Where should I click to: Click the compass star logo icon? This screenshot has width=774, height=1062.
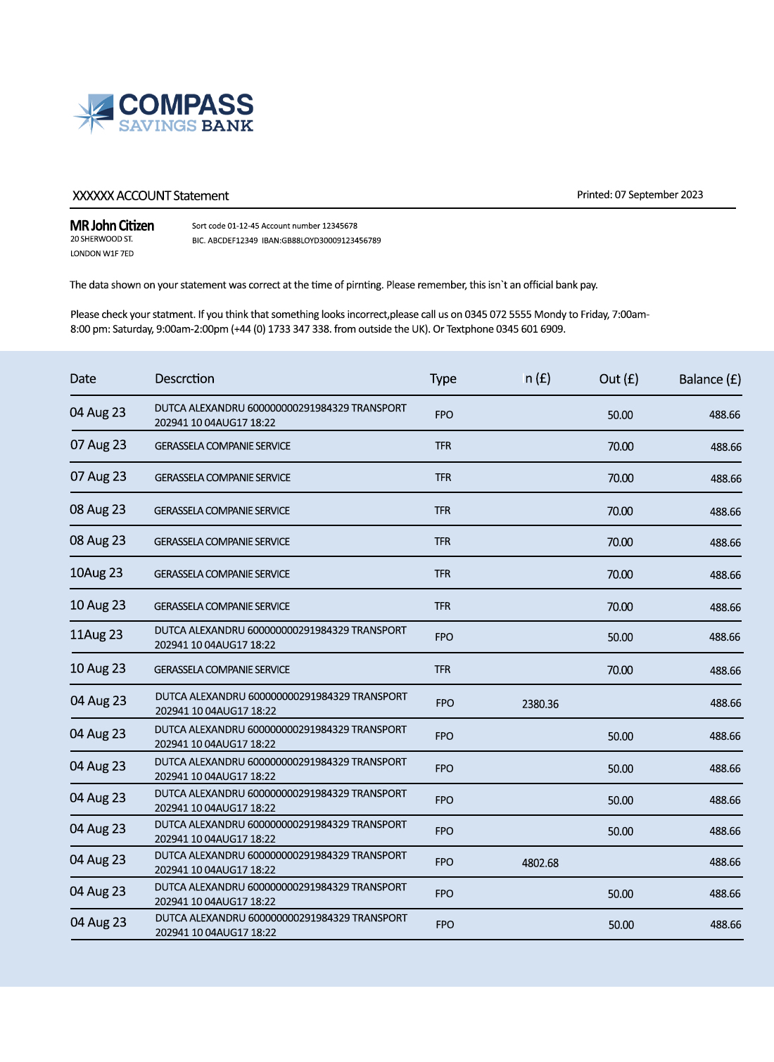[x=94, y=113]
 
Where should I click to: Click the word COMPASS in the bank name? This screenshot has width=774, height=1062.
[x=186, y=105]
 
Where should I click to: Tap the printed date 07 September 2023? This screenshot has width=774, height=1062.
[x=659, y=195]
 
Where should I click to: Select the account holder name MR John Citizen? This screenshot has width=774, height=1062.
[x=112, y=226]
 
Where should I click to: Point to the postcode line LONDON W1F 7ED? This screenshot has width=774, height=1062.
[x=102, y=254]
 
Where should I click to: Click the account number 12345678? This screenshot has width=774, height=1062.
[x=340, y=226]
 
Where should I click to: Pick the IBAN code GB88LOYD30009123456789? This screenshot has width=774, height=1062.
[x=331, y=241]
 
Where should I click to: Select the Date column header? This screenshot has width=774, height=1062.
[x=83, y=378]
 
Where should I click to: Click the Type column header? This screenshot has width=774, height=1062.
[x=443, y=378]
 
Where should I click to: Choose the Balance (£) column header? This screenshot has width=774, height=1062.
[x=710, y=379]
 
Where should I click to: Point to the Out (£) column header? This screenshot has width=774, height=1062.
[x=618, y=378]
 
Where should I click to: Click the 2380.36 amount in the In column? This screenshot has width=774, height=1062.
[x=540, y=704]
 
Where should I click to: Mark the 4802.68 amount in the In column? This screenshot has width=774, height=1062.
[x=540, y=863]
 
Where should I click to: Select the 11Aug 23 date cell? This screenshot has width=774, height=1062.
[x=96, y=634]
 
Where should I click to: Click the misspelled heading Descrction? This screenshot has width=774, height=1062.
[x=184, y=378]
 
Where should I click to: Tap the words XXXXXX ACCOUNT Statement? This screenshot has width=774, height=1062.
[x=151, y=196]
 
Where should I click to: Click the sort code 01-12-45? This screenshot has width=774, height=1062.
[x=243, y=226]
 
